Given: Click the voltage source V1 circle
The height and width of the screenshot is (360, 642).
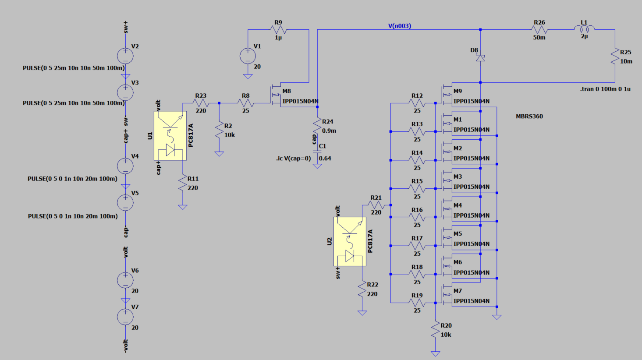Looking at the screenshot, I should pos(248,56).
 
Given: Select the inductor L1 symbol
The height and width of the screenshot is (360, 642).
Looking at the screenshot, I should pos(584,29).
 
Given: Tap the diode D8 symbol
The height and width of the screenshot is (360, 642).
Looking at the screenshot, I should pos(480,58).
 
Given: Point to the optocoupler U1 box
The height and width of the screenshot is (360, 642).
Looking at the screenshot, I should pos(170,135).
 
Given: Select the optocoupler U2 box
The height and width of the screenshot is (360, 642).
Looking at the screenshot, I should pos(350,241).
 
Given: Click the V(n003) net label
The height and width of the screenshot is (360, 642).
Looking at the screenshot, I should pos(399,26).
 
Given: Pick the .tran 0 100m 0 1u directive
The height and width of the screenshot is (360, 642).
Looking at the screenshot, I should pos(605,89).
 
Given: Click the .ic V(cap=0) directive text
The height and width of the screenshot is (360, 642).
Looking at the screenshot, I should pos(293,158).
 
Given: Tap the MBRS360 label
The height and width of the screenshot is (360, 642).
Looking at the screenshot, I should pos(529,116).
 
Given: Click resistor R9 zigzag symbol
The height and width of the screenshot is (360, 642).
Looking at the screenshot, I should pos(278,30).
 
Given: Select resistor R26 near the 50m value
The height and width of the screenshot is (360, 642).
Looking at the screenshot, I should pos(539,30).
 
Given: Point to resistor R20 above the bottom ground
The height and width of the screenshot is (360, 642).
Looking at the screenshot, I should pos(435,330).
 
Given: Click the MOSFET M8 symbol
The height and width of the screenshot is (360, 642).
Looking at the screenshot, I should pos(275,95).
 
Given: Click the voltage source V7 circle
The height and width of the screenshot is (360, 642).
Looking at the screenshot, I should pos(125,317).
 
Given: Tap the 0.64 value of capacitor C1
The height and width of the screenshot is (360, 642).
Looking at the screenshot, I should pos(325,159).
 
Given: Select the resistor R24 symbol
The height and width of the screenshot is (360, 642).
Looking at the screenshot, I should pos(317,126).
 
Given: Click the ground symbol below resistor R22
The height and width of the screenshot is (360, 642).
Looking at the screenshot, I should pos(362,313).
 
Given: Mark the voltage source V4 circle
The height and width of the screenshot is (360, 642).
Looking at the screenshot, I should pos(125,166).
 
